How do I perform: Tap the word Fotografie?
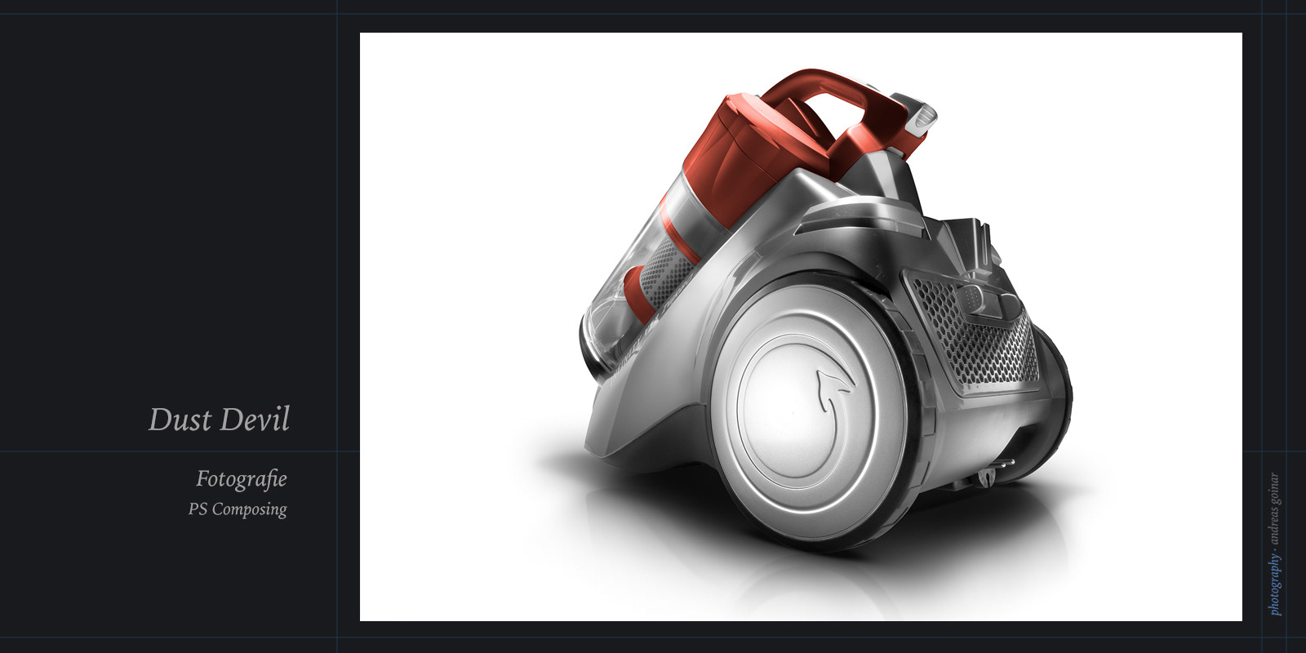(242, 478)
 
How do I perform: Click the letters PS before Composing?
(198, 509)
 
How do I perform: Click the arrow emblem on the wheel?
(833, 389)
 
